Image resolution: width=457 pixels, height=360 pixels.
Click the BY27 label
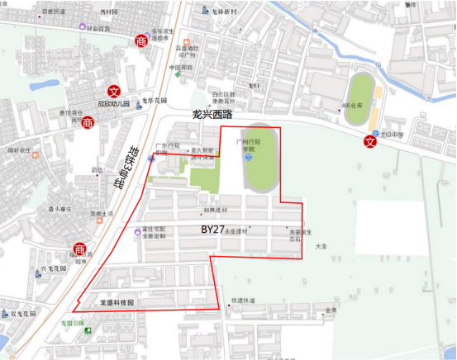(x=213, y=228)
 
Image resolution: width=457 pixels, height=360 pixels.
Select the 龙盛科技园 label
(x=117, y=303)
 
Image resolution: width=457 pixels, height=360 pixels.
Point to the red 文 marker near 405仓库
(x=370, y=141)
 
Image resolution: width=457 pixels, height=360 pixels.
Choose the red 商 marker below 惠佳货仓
(x=88, y=122)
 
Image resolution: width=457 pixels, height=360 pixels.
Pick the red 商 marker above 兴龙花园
(x=79, y=249)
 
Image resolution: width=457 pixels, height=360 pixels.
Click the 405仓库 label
(x=351, y=106)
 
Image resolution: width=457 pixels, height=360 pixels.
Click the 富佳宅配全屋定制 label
(x=155, y=233)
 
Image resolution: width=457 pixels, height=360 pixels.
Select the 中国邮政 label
(x=181, y=67)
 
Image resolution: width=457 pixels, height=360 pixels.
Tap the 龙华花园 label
(x=155, y=100)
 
